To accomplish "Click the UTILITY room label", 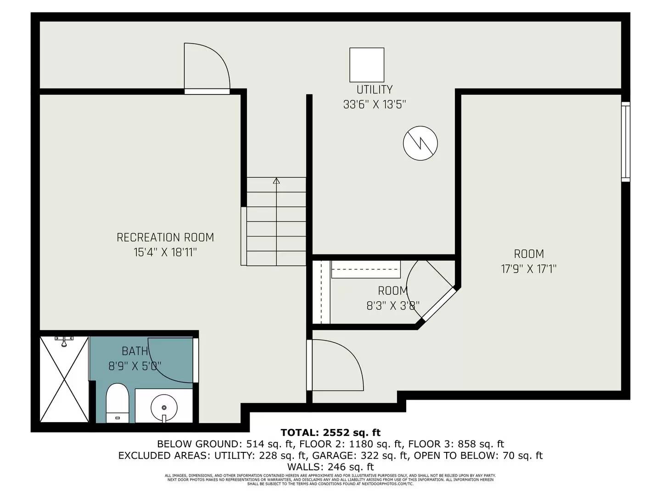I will (x=375, y=89).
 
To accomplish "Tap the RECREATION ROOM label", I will (x=165, y=237).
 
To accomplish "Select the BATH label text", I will (x=134, y=351).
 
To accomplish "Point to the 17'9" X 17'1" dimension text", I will (x=528, y=269).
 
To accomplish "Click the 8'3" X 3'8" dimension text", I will (x=393, y=306).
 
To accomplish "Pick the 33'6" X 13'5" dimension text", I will (x=375, y=104).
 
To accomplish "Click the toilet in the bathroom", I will (x=118, y=403).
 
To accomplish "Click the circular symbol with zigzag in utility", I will (x=420, y=143).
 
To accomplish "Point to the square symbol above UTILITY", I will (x=367, y=64).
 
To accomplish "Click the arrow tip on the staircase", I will (x=276, y=181).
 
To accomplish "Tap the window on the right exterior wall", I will (x=625, y=142).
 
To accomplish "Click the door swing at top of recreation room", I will (x=207, y=66).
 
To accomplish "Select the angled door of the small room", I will (x=438, y=304).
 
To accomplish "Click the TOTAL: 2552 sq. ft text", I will (x=330, y=432).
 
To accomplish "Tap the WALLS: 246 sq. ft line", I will (x=330, y=467).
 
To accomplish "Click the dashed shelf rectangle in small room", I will (x=366, y=269).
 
